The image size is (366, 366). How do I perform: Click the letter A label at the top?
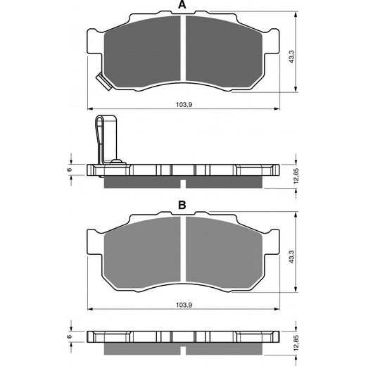pyautogui.click(x=182, y=6)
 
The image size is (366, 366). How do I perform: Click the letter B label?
pyautogui.click(x=182, y=206)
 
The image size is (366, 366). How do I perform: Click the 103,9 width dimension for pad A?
pyautogui.click(x=183, y=104)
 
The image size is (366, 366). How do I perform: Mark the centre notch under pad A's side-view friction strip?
pyautogui.click(x=183, y=185)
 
